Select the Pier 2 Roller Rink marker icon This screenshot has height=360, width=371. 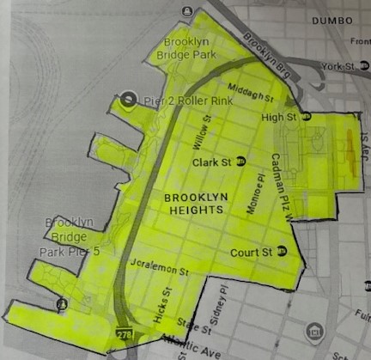129,101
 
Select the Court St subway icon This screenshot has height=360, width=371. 281,252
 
